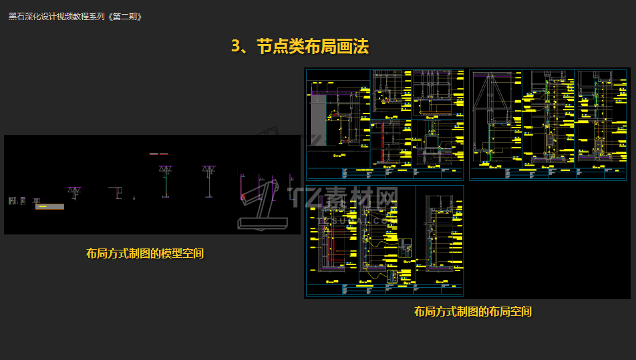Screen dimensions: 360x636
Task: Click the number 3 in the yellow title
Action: [x=236, y=46]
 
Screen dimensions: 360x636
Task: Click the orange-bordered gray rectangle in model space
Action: [x=49, y=206]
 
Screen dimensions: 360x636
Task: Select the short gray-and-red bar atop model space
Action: [x=158, y=154]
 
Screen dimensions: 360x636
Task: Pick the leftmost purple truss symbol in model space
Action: [x=74, y=192]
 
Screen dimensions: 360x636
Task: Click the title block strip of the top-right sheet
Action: [x=548, y=173]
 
